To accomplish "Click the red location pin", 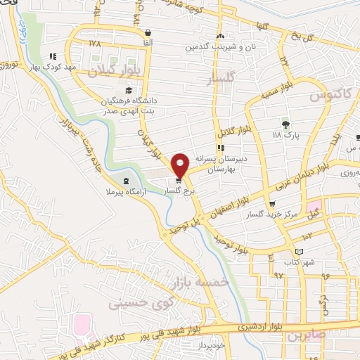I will (x=181, y=165).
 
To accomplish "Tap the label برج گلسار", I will (x=178, y=191).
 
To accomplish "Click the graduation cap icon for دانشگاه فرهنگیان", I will (x=128, y=90).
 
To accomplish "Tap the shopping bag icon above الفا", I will (x=148, y=32).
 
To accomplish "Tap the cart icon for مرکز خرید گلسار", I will (x=272, y=204).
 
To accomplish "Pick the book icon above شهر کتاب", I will (x=300, y=251).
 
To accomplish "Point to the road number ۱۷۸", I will (x=96, y=44).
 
